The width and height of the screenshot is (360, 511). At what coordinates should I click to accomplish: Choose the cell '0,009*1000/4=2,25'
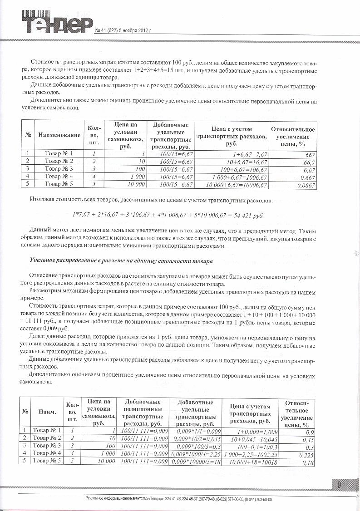point(195,453)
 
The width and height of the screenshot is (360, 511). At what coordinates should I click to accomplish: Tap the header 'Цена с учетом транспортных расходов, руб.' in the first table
point(232,136)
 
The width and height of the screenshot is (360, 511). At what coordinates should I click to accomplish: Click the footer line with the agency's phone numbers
point(179,499)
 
